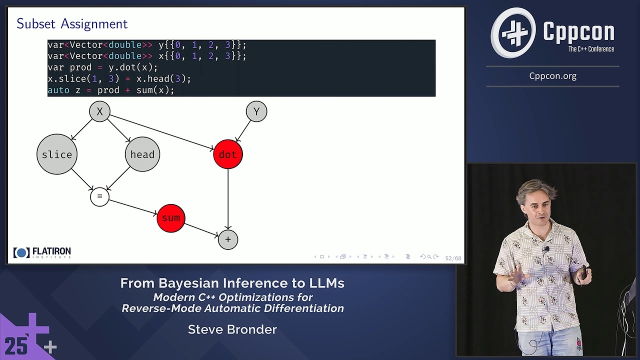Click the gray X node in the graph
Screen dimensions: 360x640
[99, 111]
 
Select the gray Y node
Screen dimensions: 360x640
[256, 111]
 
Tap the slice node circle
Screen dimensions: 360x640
[57, 154]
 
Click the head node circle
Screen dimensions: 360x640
[142, 154]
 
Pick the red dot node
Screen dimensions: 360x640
[228, 154]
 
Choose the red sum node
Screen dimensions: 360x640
[171, 218]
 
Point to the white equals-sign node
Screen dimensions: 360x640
[99, 197]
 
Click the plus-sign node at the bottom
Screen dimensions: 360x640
[228, 239]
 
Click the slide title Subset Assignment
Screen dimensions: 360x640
[72, 23]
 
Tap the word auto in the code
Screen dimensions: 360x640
[58, 90]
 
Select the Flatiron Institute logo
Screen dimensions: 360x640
[42, 252]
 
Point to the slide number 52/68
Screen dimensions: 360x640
[453, 258]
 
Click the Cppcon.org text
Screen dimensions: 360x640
[552, 76]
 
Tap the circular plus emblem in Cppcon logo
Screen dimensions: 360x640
[513, 33]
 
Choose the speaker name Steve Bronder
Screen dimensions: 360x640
[232, 329]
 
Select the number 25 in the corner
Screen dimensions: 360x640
[16, 345]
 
